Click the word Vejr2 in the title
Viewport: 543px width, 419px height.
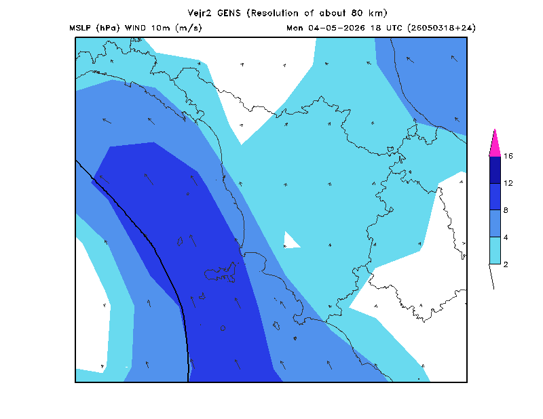tap(200, 14)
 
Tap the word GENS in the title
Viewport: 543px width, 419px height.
tap(229, 13)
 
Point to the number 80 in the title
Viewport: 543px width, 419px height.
tap(358, 13)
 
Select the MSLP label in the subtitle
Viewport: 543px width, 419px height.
tap(80, 28)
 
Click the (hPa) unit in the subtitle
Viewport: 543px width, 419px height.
tap(108, 28)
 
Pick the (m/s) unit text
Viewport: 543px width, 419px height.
tap(189, 28)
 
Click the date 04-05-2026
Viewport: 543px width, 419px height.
tap(336, 28)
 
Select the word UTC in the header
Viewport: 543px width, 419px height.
tap(394, 28)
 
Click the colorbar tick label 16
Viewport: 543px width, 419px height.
tap(508, 156)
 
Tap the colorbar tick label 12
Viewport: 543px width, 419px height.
tap(508, 183)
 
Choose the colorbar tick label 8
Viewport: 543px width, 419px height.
tap(506, 210)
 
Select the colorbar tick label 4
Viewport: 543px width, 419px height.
tap(506, 237)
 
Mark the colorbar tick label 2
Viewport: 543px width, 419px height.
tap(506, 264)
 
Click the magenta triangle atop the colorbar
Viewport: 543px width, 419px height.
tap(495, 145)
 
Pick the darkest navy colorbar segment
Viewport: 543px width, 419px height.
tap(495, 170)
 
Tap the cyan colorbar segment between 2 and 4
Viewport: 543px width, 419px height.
tap(495, 250)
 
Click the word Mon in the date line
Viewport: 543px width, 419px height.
tap(295, 28)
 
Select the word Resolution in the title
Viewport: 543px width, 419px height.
tap(275, 13)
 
